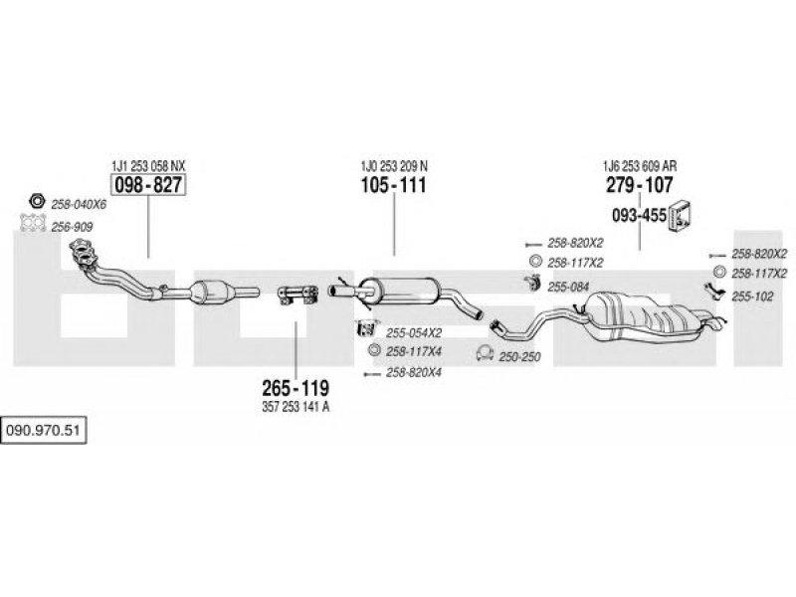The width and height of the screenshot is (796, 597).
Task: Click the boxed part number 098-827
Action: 148,185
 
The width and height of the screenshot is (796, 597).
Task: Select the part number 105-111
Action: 393,185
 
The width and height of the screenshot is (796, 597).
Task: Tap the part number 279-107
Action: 639,185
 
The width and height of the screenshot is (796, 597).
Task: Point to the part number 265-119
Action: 296,388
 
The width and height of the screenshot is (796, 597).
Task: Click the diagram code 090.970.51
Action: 43,431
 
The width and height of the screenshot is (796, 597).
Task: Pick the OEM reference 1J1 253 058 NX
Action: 148,165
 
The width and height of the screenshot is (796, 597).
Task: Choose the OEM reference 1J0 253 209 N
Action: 394,165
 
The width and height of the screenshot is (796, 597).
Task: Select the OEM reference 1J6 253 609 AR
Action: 640,165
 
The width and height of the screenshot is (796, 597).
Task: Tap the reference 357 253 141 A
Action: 296,407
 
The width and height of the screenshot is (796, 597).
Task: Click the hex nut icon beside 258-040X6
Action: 37,201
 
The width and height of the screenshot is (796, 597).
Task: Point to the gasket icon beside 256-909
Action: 33,223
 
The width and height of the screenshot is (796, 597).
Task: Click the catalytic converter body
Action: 210,293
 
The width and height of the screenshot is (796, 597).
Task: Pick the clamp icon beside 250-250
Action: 485,353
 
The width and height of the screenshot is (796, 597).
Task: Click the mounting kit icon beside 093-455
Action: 681,215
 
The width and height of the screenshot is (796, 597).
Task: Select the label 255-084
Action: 568,288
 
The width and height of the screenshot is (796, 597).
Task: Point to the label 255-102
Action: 752,297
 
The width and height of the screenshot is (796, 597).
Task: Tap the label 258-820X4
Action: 414,372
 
